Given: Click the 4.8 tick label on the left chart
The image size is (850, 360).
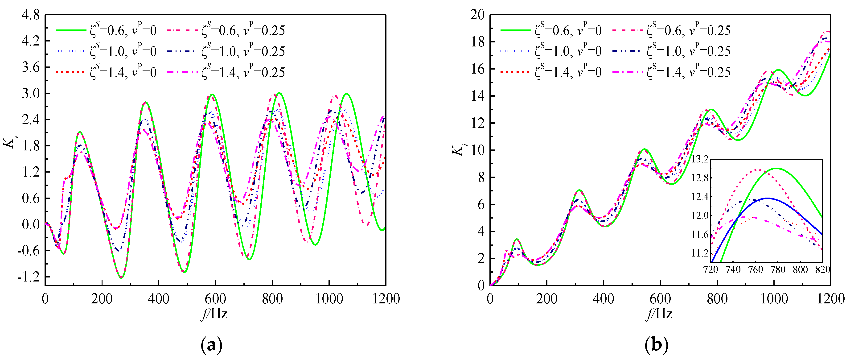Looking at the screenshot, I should click(x=30, y=15).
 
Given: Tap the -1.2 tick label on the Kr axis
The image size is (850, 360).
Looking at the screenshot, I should click(x=28, y=277).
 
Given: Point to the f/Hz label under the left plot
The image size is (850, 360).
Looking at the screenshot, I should click(x=214, y=314).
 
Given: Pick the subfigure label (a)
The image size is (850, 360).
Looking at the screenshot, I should click(x=212, y=345).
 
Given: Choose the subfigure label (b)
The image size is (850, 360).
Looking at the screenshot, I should click(x=657, y=345).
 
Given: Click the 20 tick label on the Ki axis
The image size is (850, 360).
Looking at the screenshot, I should click(x=477, y=15).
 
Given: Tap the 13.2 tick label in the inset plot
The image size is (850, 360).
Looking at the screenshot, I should click(x=700, y=159).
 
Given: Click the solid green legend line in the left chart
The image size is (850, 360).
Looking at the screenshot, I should click(x=71, y=30).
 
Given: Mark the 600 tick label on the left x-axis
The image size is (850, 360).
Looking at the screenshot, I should click(x=215, y=299).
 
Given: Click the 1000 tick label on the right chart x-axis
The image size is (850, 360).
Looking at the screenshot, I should click(x=774, y=299).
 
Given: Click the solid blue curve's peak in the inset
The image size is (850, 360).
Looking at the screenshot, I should click(x=768, y=198).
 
